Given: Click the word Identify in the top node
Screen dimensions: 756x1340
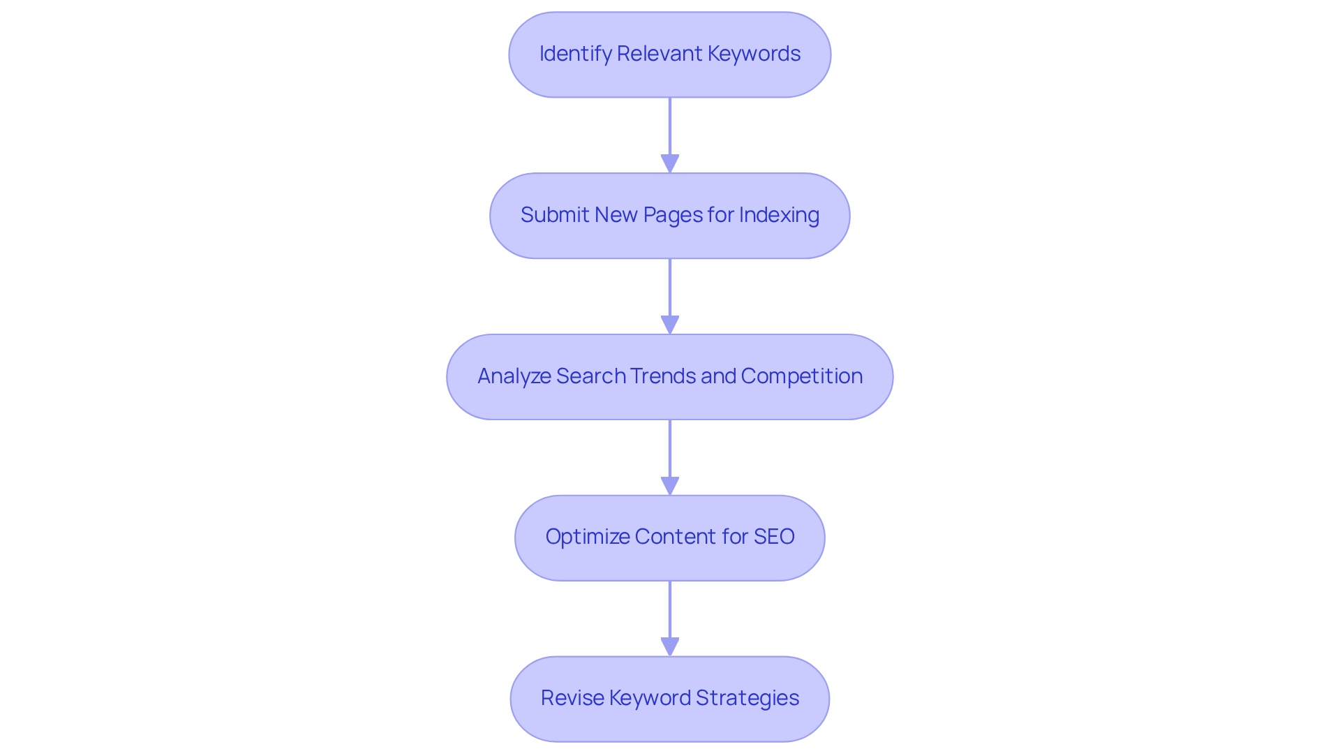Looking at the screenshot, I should [575, 54].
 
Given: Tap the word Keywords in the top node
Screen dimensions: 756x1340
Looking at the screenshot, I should [754, 54].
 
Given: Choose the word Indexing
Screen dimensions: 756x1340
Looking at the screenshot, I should [779, 215].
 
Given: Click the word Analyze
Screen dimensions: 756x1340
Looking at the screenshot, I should [514, 376].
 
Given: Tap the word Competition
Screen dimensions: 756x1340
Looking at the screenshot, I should [801, 376].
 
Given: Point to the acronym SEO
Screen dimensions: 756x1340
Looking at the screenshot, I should [774, 537].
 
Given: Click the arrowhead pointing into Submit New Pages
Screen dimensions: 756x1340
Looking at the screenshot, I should [670, 163].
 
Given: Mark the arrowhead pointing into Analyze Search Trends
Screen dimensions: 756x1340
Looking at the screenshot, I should [670, 325].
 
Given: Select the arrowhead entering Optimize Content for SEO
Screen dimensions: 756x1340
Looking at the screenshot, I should [670, 486].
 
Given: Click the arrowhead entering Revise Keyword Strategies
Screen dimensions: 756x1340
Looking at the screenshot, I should [670, 646].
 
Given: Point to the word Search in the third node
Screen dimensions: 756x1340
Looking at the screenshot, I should [590, 376].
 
